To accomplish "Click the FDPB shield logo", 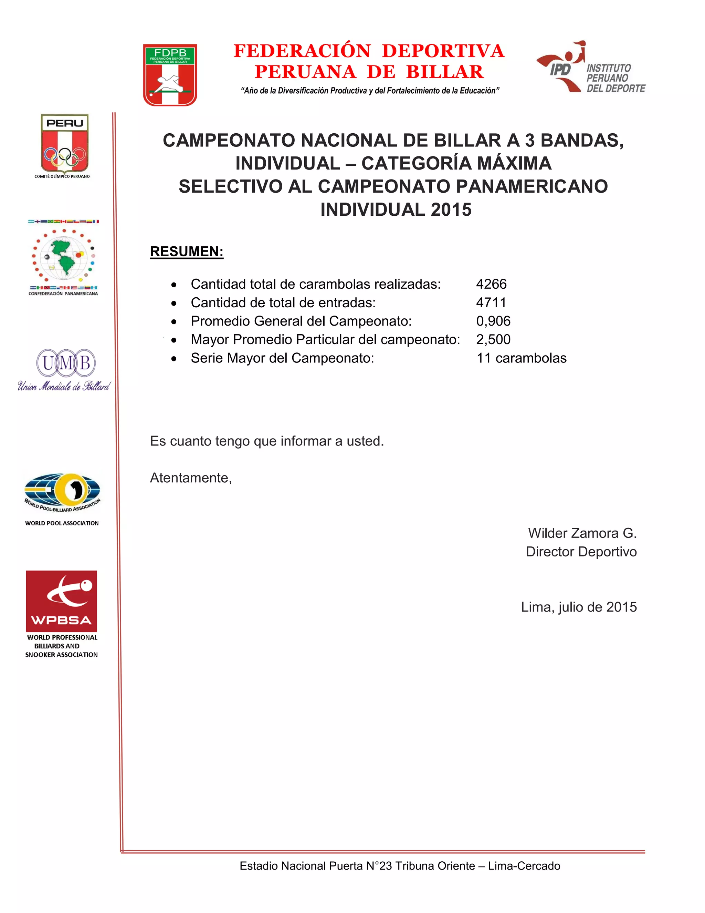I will tap(170, 75).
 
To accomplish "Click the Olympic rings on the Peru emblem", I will tap(65, 156).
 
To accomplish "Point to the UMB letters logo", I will tap(65, 363).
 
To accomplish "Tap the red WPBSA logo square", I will tap(61, 601).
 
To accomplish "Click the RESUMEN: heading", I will tap(187, 252).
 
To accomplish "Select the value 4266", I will tap(491, 284).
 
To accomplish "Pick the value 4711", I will tap(491, 302).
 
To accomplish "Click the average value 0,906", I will tap(493, 321).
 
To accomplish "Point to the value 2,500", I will tap(493, 339).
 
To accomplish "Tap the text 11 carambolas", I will tap(521, 358).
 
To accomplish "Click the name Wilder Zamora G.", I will tap(582, 533).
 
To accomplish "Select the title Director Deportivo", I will tap(581, 552).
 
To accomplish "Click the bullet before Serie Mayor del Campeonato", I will tap(174, 359).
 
